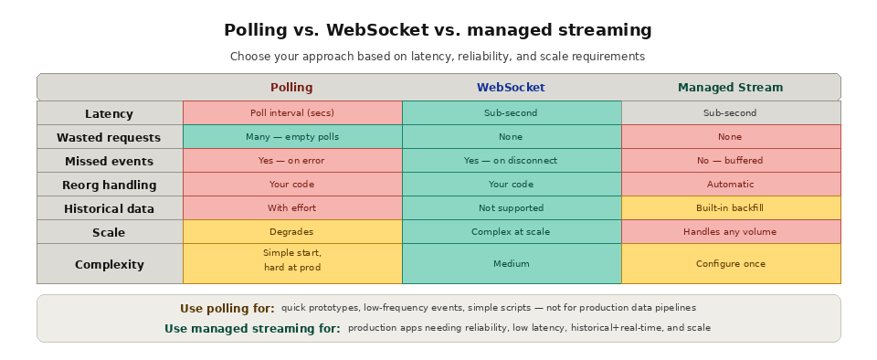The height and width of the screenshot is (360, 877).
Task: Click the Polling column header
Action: pyautogui.click(x=291, y=88)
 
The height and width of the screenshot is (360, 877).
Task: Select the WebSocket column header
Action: pyautogui.click(x=511, y=88)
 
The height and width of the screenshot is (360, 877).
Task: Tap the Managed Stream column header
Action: pyautogui.click(x=730, y=88)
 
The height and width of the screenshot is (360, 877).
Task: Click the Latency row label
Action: pyautogui.click(x=109, y=114)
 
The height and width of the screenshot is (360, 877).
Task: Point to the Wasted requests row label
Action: pyautogui.click(x=109, y=138)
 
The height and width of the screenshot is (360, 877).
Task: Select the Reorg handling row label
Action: pyautogui.click(x=109, y=185)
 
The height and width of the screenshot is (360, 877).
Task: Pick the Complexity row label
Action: pyautogui.click(x=109, y=265)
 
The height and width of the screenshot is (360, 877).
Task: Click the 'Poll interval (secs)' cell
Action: pyautogui.click(x=292, y=113)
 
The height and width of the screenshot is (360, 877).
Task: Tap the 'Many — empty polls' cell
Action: pyautogui.click(x=292, y=137)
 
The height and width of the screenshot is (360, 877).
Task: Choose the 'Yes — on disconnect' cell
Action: pyautogui.click(x=511, y=161)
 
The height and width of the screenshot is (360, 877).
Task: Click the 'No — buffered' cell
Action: pyautogui.click(x=730, y=161)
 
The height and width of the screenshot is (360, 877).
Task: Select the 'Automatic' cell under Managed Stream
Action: pyautogui.click(x=730, y=185)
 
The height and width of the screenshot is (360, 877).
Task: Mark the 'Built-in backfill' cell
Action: pyautogui.click(x=730, y=208)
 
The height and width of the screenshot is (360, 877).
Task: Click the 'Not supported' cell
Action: pyautogui.click(x=511, y=208)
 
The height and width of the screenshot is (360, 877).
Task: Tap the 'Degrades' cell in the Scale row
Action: pyautogui.click(x=292, y=232)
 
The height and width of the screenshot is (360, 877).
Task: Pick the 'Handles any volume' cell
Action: pyautogui.click(x=730, y=232)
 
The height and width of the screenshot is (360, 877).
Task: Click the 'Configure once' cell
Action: pyautogui.click(x=730, y=264)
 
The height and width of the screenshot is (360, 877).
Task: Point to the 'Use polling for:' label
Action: pyautogui.click(x=227, y=309)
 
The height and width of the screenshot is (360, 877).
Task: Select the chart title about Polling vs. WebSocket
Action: pyautogui.click(x=438, y=30)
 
